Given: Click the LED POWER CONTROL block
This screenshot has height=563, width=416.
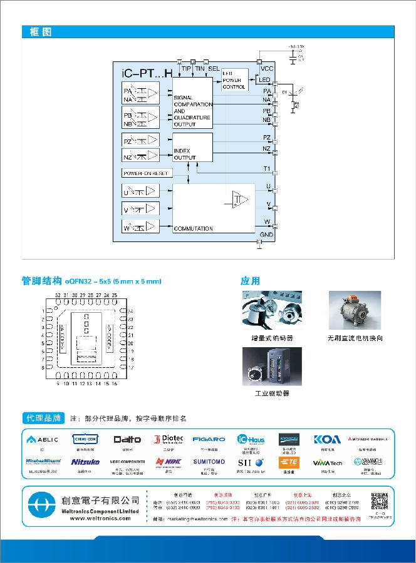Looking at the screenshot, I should pos(234,81).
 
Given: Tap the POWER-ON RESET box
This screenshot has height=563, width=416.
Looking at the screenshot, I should pos(146,173).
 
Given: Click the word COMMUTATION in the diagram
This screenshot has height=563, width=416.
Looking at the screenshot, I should pos(193,228).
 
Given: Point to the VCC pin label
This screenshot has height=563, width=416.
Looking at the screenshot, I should pos(267,68).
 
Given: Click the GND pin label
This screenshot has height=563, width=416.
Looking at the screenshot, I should pos(266,234).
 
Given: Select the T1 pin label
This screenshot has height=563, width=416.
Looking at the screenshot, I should pos(266,169).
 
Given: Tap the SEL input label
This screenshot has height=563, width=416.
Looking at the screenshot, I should pos(214,68).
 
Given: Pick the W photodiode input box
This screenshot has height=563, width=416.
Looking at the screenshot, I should pos(141,226).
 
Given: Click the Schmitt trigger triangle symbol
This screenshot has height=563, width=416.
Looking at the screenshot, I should pos(239,200).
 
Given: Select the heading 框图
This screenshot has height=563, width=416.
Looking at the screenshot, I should pos(41,32).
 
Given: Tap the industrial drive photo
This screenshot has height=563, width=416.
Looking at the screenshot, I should pos(272,366).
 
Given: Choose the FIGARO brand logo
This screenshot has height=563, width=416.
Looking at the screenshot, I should pos(209,439).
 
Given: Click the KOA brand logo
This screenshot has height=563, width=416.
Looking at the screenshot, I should pos(327,439).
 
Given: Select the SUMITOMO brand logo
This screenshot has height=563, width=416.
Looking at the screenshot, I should pos(209,462).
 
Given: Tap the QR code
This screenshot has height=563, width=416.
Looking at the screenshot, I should pos(380,502).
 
